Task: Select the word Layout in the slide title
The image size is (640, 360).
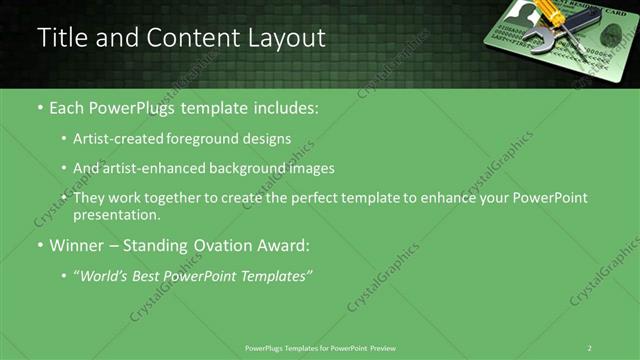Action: pyautogui.click(x=288, y=38)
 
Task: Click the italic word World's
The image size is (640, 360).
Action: pyautogui.click(x=105, y=276)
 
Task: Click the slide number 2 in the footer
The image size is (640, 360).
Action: pyautogui.click(x=590, y=347)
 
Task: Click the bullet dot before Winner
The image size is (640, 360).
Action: pyautogui.click(x=40, y=246)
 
